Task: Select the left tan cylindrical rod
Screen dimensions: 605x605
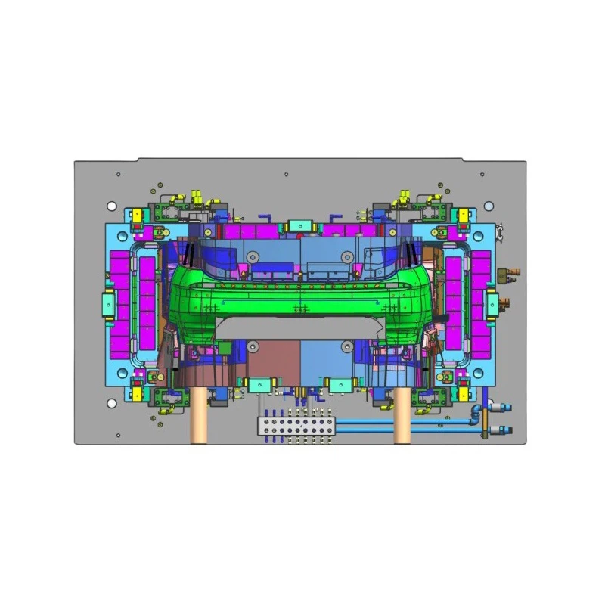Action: [199, 416]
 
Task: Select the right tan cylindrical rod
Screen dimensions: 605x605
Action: [403, 416]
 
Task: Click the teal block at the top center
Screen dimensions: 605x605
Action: [300, 225]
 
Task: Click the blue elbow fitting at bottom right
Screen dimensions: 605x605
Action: [474, 412]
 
